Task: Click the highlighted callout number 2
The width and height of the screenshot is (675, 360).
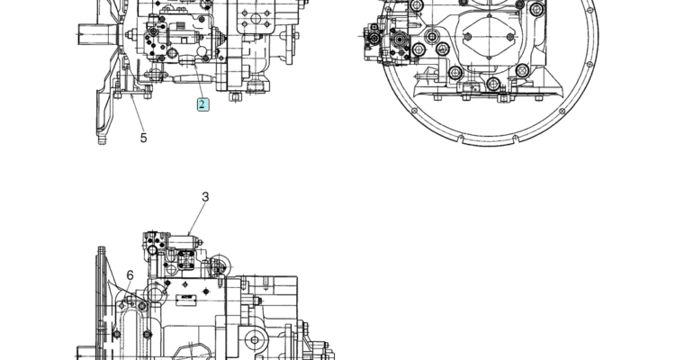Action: pos(202,104)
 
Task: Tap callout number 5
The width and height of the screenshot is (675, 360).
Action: pos(143,138)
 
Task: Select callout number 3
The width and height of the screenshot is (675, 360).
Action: pos(205,197)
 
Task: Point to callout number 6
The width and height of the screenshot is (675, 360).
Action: pos(130,275)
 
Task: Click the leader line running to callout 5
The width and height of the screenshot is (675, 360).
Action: pos(136,112)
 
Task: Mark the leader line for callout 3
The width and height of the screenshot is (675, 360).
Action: pos(195,220)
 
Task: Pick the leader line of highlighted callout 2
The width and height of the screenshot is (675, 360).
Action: pos(198,81)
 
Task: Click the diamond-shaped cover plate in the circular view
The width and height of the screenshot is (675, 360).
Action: pos(489,37)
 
